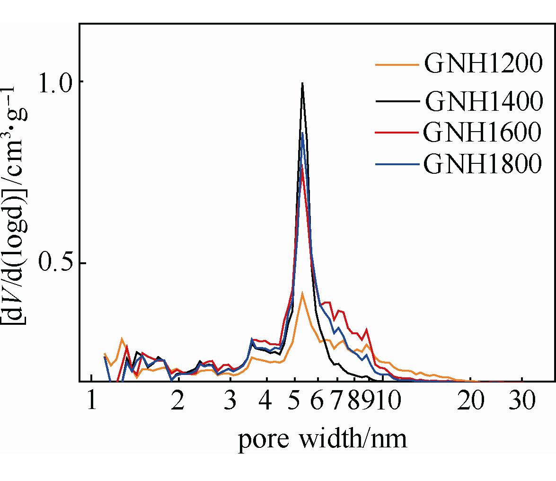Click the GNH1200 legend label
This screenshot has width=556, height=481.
(x=483, y=63)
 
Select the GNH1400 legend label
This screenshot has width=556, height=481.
(x=483, y=101)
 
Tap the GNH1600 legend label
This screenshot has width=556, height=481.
(x=483, y=133)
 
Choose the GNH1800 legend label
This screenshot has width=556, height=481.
(x=483, y=164)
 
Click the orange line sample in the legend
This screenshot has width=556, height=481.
(x=397, y=64)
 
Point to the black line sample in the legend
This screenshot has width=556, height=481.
(x=397, y=101)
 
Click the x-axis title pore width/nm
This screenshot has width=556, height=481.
(x=322, y=439)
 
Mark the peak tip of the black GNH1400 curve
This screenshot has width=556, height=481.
(x=302, y=84)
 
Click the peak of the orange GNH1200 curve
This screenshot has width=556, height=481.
(x=302, y=293)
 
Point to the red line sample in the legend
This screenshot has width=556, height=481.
(x=397, y=134)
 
